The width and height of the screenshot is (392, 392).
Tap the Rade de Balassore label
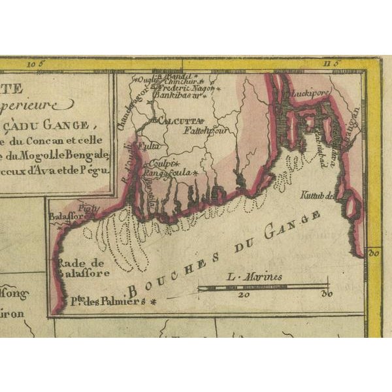pyautogui.click(x=83, y=268)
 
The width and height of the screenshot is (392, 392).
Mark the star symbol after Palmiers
pyautogui.click(x=154, y=302)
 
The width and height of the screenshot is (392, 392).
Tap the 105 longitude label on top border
pyautogui.click(x=34, y=64)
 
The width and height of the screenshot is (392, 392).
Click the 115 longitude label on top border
pyautogui.click(x=333, y=63)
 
